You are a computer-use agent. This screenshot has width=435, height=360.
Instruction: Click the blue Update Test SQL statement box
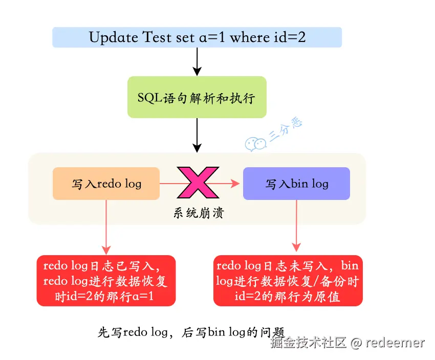coord(197,37)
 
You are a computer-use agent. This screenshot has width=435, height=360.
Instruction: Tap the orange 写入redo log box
coord(106,184)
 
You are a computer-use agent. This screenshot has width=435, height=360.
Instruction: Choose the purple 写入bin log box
coord(296,184)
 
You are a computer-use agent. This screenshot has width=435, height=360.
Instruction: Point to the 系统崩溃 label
coord(198,213)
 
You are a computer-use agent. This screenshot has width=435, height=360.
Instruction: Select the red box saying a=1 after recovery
coord(106,281)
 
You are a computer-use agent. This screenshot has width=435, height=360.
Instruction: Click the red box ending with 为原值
coord(288,281)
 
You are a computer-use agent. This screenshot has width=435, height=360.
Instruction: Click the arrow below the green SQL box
coord(197,134)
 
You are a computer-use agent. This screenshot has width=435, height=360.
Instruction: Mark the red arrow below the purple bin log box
coord(296,225)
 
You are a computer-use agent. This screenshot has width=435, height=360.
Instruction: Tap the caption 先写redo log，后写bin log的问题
coord(190,332)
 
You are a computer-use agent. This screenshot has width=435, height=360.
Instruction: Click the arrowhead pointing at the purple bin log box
coord(235,183)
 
